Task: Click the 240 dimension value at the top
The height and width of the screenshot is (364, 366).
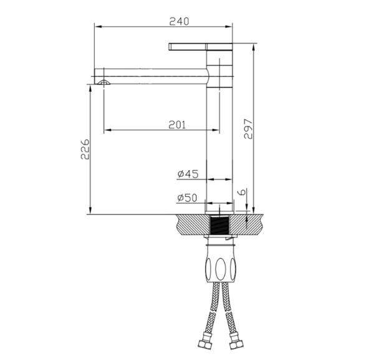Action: coord(179,21)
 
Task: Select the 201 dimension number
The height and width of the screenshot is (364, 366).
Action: coord(177,124)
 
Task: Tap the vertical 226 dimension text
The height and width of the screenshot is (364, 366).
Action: coord(87,150)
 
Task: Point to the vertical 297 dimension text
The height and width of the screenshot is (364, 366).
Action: coord(248,129)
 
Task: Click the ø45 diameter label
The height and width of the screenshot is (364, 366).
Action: coord(187,174)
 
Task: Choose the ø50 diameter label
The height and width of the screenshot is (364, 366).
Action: coord(187,198)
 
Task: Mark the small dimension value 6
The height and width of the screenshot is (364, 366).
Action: coord(243,193)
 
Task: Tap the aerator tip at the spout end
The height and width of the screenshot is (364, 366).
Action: coord(103,82)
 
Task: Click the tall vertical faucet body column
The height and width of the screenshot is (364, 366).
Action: coord(219,143)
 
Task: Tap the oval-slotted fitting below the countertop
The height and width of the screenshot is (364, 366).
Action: coord(219,266)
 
